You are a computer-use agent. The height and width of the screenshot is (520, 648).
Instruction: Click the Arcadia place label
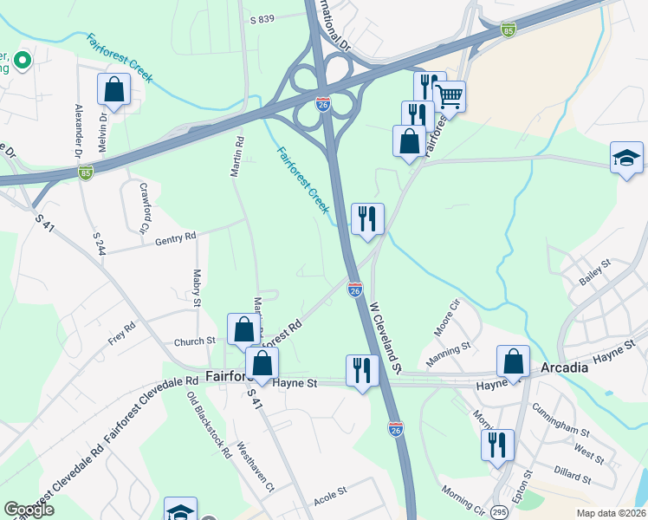[x=564, y=367]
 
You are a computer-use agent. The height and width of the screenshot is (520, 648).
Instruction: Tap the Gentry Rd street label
[x=176, y=237]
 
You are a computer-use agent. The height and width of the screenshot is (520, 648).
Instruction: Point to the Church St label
[x=194, y=341]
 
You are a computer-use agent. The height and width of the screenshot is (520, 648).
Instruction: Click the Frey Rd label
[x=122, y=334]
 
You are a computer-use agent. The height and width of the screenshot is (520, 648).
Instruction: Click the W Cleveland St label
[x=387, y=337]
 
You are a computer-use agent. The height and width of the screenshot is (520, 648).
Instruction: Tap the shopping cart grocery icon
[x=449, y=95]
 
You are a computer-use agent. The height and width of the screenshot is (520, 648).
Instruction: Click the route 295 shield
[x=500, y=511]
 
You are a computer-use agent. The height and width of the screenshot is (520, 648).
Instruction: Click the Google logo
[x=29, y=510]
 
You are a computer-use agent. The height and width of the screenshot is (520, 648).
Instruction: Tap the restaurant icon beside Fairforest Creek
[x=367, y=219]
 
